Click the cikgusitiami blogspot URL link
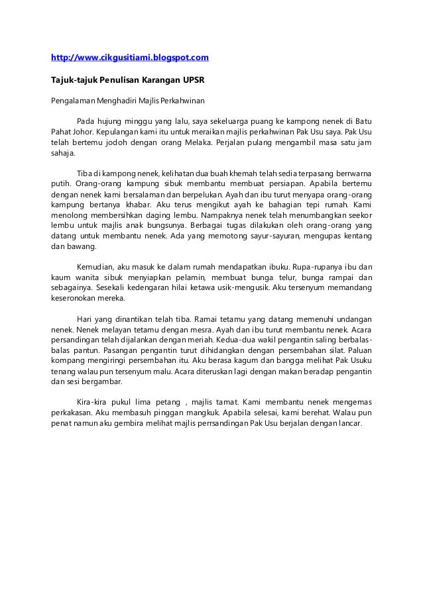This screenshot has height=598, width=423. pos(131,58)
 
